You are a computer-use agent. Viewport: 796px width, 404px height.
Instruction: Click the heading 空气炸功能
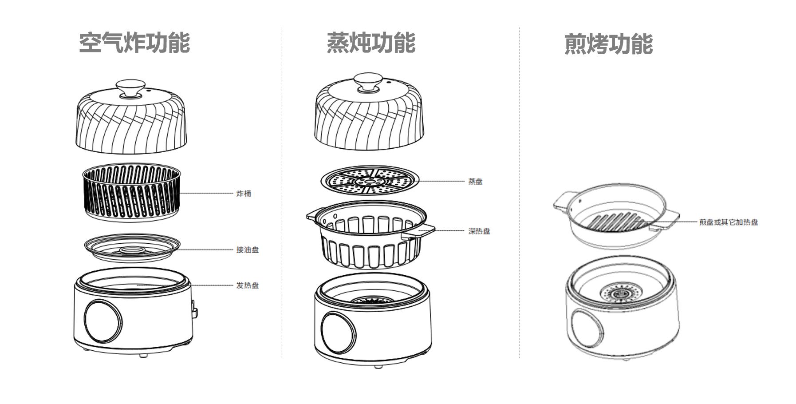tap(134, 43)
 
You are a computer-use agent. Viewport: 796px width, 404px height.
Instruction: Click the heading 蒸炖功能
tap(371, 43)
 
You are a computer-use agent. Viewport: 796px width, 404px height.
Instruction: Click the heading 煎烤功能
tap(608, 44)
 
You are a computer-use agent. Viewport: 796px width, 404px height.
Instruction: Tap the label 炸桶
tap(244, 194)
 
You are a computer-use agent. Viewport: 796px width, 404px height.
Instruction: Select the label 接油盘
tap(247, 250)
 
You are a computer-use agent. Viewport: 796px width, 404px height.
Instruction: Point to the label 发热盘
tap(247, 285)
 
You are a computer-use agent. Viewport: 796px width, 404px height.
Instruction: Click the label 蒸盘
tap(475, 182)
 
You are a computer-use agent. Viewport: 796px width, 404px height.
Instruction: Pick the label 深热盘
tap(479, 231)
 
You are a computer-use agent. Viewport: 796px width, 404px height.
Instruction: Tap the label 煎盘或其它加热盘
tap(729, 222)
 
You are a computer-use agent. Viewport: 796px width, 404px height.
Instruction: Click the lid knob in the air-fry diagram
tap(130, 88)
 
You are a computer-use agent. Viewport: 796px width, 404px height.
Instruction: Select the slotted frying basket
tap(132, 193)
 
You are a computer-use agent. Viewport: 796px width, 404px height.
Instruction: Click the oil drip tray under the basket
tap(132, 249)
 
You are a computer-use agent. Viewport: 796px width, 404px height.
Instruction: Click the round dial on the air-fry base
tap(103, 321)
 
